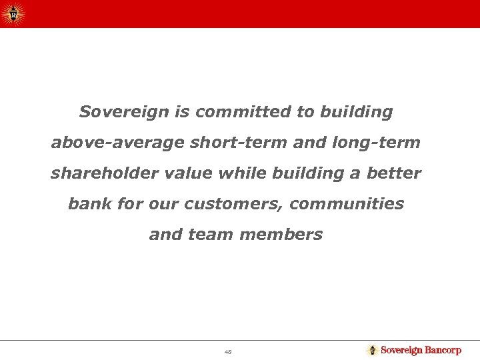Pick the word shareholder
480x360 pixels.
point(97,173)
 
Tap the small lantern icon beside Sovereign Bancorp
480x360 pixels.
point(372,350)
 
